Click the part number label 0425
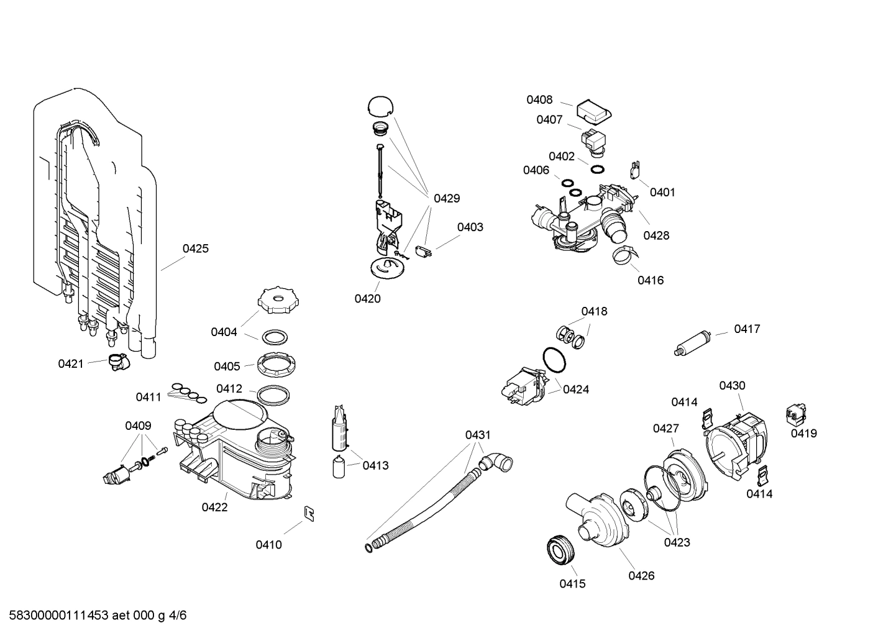pos(195,248)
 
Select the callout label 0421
pos(70,363)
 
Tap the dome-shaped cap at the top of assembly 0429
pos(380,106)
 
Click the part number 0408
pos(539,99)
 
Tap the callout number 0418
pos(594,311)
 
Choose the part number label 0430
pos(732,386)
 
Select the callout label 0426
pos(641,575)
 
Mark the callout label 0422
pos(214,507)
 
